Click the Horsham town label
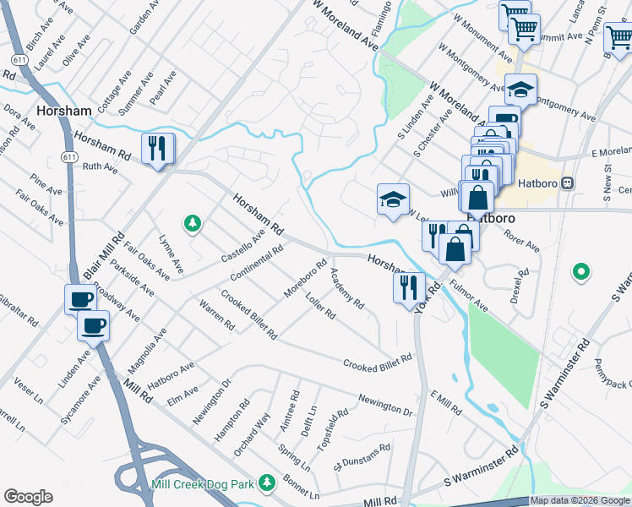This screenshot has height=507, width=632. pyautogui.click(x=64, y=112)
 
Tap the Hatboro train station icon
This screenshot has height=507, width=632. pyautogui.click(x=569, y=182)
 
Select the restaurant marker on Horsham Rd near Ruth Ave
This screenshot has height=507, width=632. pyautogui.click(x=157, y=149)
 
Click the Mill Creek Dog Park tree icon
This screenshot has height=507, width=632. pyautogui.click(x=267, y=482)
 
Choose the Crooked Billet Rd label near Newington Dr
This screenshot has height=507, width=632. pyautogui.click(x=377, y=362)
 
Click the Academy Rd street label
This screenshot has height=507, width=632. pyautogui.click(x=347, y=288)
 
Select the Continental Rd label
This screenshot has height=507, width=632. pyautogui.click(x=256, y=265)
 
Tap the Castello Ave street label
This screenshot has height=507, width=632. pyautogui.click(x=243, y=244)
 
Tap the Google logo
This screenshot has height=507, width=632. pyautogui.click(x=28, y=497)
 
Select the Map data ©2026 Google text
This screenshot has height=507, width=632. pyautogui.click(x=580, y=501)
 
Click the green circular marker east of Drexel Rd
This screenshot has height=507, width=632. pyautogui.click(x=580, y=272)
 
